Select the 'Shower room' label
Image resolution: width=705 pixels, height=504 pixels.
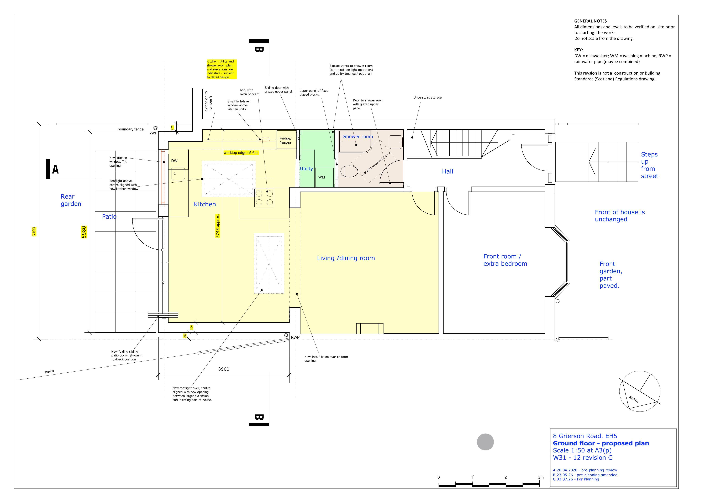click(358, 137)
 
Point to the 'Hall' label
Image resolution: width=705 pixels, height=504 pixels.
click(447, 171)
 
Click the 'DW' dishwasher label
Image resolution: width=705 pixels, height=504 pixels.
click(174, 161)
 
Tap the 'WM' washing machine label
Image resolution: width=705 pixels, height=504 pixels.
click(322, 177)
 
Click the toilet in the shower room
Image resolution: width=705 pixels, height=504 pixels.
click(349, 171)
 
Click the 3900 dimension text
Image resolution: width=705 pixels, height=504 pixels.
click(224, 369)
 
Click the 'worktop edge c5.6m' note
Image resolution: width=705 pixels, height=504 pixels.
click(241, 153)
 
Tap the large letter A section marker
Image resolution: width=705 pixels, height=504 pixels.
click(55, 169)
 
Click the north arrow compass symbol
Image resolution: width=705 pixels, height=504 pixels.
click(640, 391)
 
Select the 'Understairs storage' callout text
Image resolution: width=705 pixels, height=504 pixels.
click(428, 97)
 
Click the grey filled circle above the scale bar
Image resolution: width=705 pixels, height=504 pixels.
click(485, 442)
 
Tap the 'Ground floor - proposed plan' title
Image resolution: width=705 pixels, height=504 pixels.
click(601, 443)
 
